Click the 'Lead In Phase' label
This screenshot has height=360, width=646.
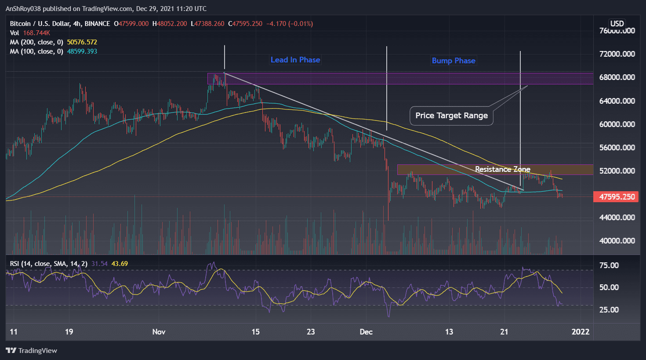295,60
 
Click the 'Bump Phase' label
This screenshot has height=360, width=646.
453,61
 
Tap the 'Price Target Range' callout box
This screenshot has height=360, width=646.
451,116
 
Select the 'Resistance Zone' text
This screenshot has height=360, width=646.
502,169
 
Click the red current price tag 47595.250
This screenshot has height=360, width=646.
617,196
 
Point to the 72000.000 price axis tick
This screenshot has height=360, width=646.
617,54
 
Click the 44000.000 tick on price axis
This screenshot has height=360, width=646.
617,217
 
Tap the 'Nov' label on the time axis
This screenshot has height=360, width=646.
159,331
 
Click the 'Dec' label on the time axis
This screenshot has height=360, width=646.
366,331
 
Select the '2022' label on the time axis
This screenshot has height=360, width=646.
580,331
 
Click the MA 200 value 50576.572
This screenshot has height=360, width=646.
82,42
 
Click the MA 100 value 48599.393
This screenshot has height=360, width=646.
82,51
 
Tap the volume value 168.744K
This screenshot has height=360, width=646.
36,33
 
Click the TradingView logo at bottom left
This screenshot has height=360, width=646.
32,350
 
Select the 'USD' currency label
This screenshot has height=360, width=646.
617,24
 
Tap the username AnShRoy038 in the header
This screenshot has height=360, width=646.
25,9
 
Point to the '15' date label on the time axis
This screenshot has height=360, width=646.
255,331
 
